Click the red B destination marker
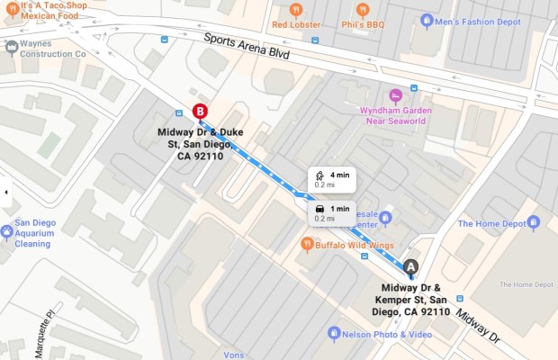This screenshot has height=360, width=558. point(200,112)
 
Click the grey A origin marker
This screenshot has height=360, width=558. point(411,266)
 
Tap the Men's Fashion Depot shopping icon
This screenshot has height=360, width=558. point(427,21)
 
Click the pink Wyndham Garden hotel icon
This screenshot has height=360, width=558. point(394,95)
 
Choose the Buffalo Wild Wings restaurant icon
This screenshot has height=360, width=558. point(307,243)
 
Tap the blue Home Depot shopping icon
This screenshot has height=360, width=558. point(534,222)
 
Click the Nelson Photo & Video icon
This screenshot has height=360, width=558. point(334,334)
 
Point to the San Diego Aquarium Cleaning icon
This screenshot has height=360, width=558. point(7,232)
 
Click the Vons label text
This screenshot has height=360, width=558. point(233,355)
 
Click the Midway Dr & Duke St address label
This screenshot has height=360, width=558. point(195,144)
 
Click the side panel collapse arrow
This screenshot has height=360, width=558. point(5,192)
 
